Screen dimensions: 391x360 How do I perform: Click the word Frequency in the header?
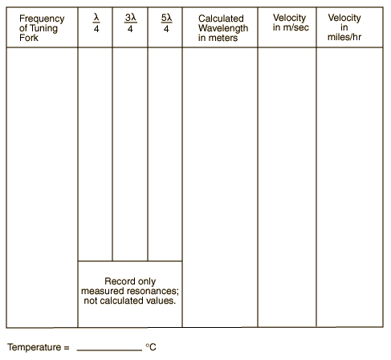42,19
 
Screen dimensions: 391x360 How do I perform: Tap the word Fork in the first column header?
29,38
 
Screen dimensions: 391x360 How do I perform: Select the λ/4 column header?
96,23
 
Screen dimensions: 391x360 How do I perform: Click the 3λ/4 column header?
130,23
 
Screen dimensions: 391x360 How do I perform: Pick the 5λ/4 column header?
166,23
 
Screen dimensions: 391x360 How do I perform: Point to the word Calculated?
221,18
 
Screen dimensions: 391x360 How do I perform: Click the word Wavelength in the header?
223,28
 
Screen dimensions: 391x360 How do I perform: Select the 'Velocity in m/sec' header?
291,22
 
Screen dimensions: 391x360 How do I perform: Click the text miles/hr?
344,37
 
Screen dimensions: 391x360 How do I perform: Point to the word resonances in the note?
153,291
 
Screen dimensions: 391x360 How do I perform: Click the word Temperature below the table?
35,347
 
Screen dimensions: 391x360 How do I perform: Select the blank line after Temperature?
109,350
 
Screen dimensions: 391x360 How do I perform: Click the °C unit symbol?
151,347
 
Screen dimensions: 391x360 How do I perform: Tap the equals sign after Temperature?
67,348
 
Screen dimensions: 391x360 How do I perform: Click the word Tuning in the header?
43,29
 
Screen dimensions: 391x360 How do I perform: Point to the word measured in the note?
103,291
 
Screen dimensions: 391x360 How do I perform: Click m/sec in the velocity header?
296,27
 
